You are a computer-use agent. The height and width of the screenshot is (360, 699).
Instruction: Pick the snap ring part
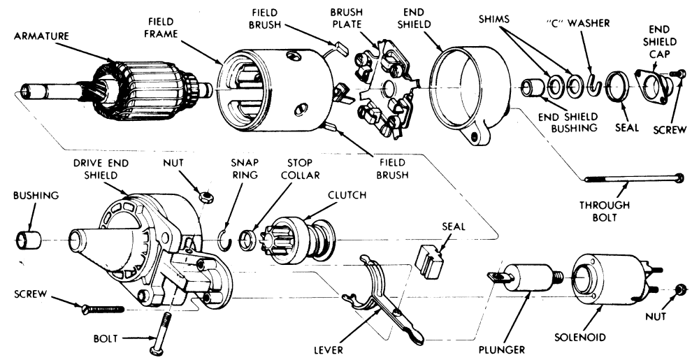click(x=226, y=237)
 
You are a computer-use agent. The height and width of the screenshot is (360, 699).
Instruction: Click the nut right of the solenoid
click(x=679, y=289)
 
